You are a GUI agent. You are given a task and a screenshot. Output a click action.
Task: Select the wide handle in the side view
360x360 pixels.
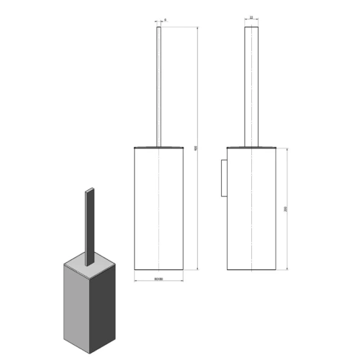[251, 86]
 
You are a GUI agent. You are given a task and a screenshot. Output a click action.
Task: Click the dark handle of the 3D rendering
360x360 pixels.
[89, 223]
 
